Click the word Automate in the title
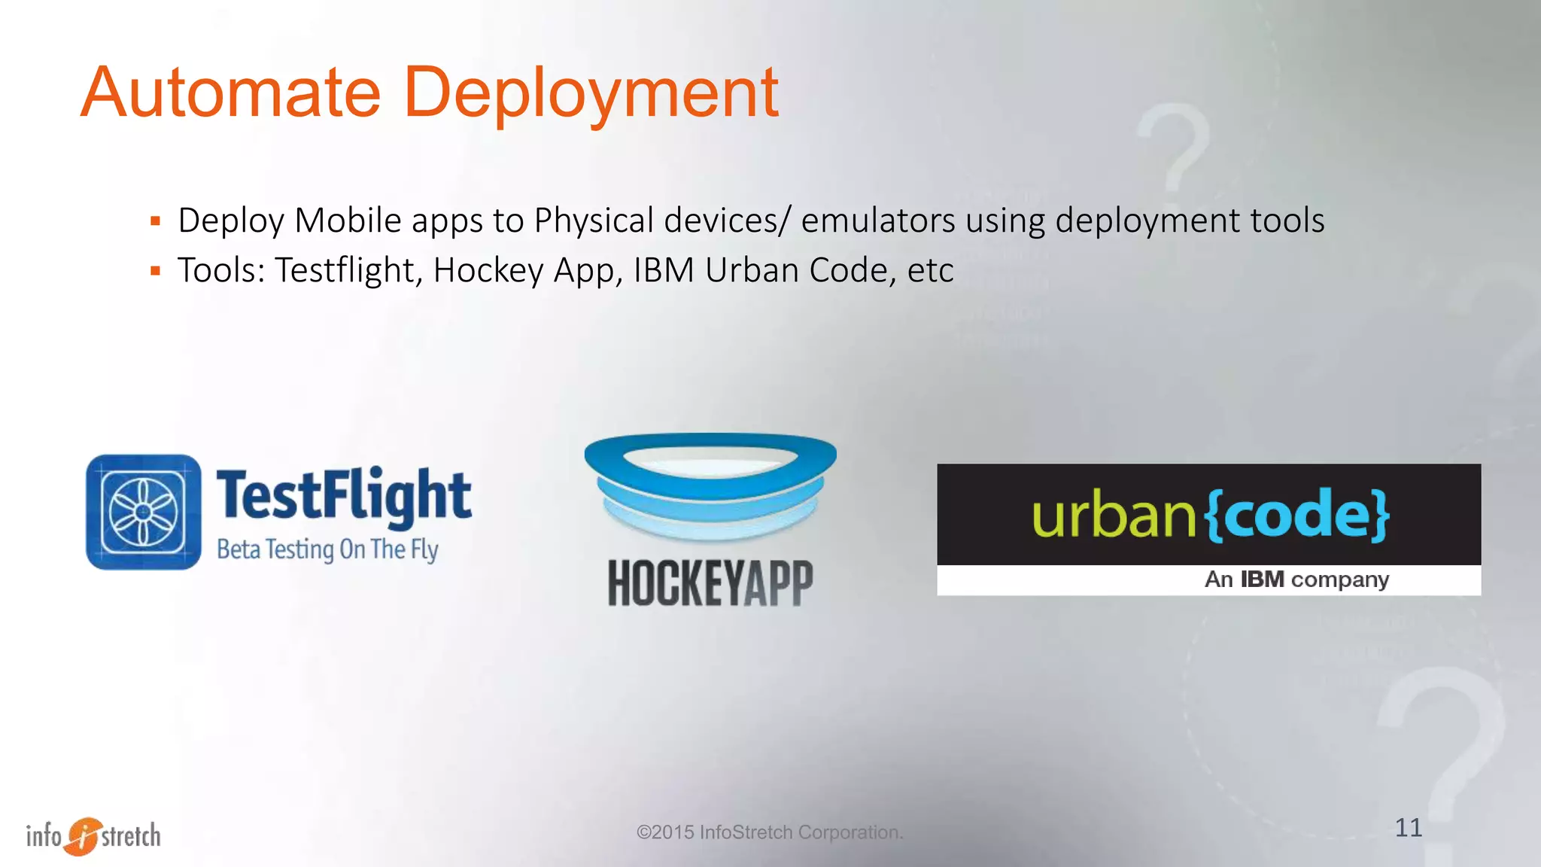click(x=230, y=93)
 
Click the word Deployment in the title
click(x=591, y=93)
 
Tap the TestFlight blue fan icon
click(x=144, y=512)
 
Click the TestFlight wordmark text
click(x=344, y=495)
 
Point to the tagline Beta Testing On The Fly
click(x=327, y=549)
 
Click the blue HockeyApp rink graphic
click(x=710, y=485)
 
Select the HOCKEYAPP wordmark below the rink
click(x=710, y=583)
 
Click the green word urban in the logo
click(x=1114, y=516)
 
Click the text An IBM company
click(x=1296, y=580)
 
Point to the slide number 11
click(x=1408, y=828)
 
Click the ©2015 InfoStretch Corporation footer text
click(x=769, y=832)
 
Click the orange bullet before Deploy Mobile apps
click(x=156, y=221)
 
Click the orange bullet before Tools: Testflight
click(x=156, y=271)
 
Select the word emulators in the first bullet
click(x=877, y=221)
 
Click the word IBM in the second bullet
click(x=664, y=271)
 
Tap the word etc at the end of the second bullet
click(x=931, y=271)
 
